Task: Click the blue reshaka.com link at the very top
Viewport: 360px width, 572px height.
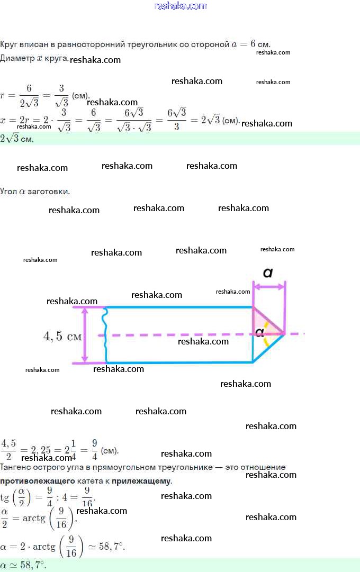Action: point(180,6)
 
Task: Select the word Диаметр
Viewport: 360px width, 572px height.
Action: point(17,58)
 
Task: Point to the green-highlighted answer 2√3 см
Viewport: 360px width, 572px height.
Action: point(17,139)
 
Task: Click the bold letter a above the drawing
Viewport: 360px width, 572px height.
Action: point(268,273)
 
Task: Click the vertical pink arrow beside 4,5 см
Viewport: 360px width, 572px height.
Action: point(84,335)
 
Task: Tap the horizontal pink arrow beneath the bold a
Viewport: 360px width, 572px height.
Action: point(269,287)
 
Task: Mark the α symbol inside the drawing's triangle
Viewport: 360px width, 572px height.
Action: point(259,333)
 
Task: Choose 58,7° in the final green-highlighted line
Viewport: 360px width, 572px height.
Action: point(34,566)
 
